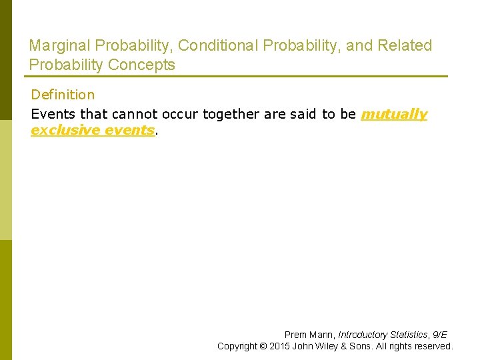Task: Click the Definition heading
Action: [x=63, y=95]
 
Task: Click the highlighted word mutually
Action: [x=393, y=114]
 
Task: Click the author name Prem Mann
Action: [x=309, y=335]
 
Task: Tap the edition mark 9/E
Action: [x=439, y=335]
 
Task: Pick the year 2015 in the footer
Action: [x=279, y=346]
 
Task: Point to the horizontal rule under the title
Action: [x=238, y=76]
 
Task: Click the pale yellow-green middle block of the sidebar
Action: [x=6, y=180]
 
